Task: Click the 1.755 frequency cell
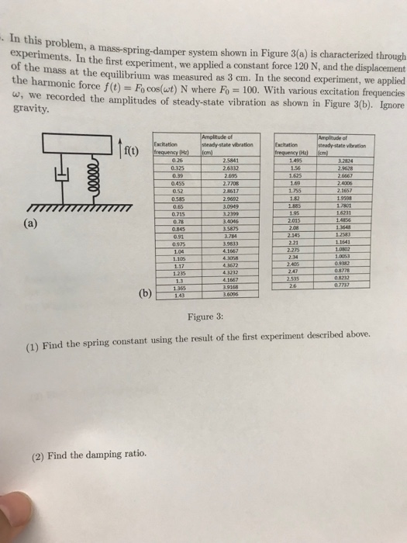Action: [x=295, y=189]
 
